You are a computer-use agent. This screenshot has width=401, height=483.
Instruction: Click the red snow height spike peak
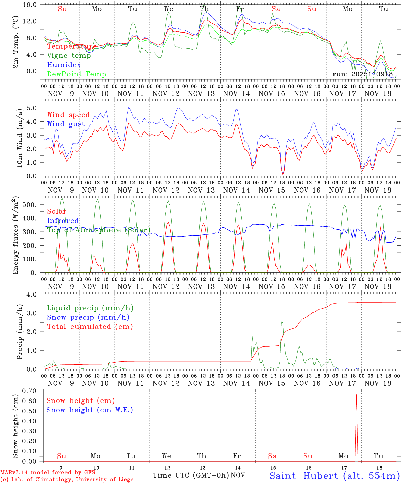tap(356, 395)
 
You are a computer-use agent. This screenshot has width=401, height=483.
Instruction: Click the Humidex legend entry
tap(64, 65)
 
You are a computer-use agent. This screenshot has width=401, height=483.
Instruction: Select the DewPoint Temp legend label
tap(77, 74)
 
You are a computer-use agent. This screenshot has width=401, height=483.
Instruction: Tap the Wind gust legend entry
tap(66, 124)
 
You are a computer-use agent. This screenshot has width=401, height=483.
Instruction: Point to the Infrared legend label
tap(63, 221)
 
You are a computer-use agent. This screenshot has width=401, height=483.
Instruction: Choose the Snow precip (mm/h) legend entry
tap(88, 317)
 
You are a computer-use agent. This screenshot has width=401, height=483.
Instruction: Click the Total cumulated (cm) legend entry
tap(90, 327)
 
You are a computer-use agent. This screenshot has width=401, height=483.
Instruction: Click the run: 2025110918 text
tap(362, 74)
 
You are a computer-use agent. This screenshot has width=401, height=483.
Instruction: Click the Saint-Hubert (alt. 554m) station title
tap(335, 476)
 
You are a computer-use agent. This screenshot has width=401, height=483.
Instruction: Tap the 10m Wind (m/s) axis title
tap(20, 137)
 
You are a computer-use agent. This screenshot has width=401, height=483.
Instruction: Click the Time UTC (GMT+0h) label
tap(191, 475)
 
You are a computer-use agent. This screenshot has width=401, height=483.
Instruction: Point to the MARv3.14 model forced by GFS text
tap(48, 473)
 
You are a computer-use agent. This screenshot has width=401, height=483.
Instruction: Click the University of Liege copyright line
tap(67, 480)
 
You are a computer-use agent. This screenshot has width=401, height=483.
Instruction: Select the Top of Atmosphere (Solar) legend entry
tap(99, 230)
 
